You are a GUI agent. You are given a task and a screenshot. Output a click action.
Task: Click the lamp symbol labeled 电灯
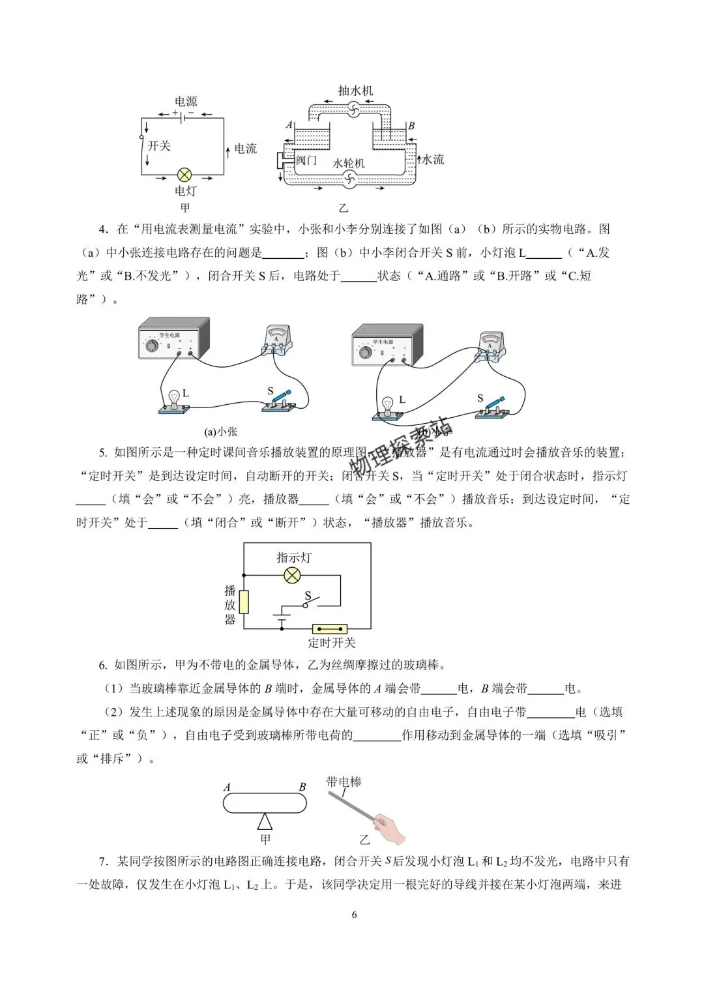tap(185, 175)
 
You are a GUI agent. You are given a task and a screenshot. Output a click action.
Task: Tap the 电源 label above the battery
tap(186, 102)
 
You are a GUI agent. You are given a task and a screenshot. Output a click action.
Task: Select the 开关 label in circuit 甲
tap(159, 145)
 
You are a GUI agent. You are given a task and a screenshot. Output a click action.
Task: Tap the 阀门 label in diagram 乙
tap(306, 160)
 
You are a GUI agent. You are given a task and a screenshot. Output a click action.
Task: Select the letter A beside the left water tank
tap(289, 125)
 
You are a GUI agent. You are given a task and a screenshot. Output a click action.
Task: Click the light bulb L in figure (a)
tap(174, 398)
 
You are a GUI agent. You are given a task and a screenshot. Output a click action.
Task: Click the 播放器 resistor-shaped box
tap(244, 602)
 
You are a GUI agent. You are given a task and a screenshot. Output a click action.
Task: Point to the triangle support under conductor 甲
tap(265, 821)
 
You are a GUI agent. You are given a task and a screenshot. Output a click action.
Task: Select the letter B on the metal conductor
tap(302, 787)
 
